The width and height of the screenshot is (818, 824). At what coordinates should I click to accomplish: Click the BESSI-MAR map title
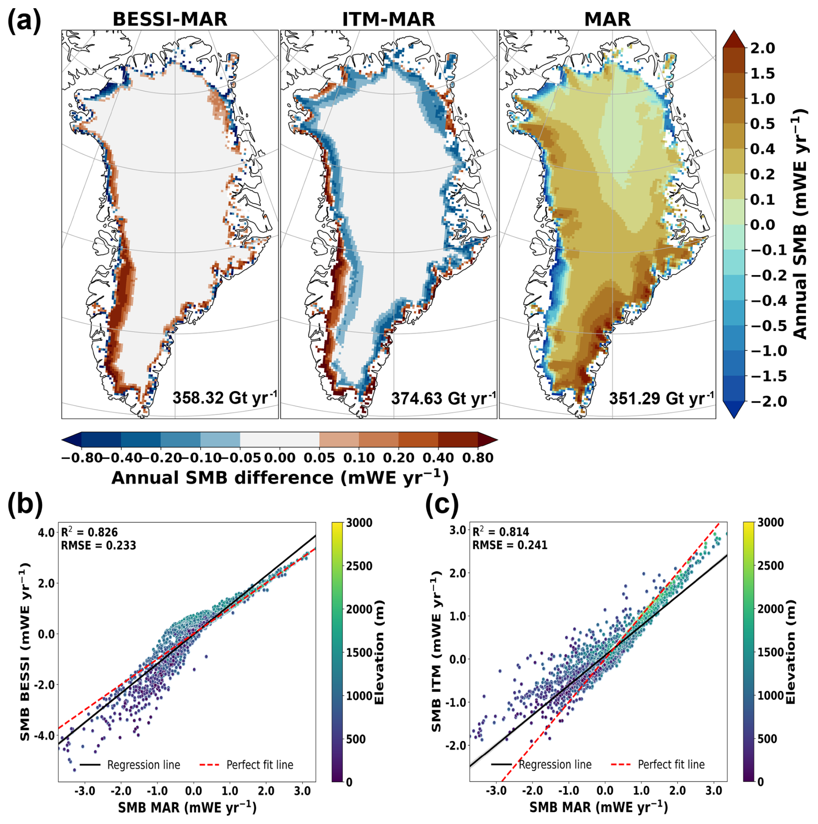(169, 19)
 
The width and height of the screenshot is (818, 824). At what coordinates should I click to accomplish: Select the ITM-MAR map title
(388, 19)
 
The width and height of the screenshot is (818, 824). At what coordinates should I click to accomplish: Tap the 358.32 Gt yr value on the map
(224, 398)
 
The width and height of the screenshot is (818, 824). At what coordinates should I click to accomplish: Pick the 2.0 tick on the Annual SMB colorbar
(763, 48)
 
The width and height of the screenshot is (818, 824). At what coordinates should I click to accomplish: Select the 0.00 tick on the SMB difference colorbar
(280, 458)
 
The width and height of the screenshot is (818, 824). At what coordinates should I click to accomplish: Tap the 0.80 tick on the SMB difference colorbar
(478, 458)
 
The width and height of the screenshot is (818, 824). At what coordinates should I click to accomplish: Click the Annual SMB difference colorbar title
(280, 478)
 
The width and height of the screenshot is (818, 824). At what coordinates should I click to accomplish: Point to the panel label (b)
(25, 504)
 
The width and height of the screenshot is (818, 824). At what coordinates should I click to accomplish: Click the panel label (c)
(441, 504)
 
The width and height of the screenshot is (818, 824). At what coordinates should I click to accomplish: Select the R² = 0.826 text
(89, 532)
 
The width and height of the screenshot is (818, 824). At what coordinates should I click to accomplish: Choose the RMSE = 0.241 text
(509, 545)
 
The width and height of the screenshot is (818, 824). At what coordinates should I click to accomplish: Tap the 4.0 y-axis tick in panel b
(46, 532)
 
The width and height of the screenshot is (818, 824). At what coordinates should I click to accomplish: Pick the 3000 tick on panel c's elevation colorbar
(770, 523)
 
